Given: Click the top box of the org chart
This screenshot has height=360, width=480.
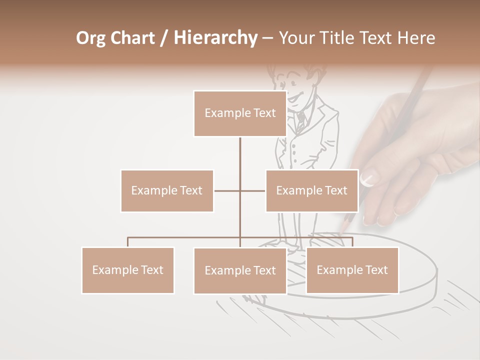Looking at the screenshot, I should (x=240, y=113).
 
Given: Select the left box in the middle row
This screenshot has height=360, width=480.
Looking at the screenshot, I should (x=167, y=190).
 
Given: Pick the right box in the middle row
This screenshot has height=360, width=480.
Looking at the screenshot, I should (x=311, y=190).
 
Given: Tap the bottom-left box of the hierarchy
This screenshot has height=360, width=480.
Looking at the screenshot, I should (x=128, y=270).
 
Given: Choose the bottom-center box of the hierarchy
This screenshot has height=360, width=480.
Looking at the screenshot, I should (x=240, y=270).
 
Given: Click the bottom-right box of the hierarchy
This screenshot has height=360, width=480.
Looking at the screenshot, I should (x=352, y=270).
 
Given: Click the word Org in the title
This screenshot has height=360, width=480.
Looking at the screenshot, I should (x=91, y=38).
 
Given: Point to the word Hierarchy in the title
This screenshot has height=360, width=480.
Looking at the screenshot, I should (x=215, y=38).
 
